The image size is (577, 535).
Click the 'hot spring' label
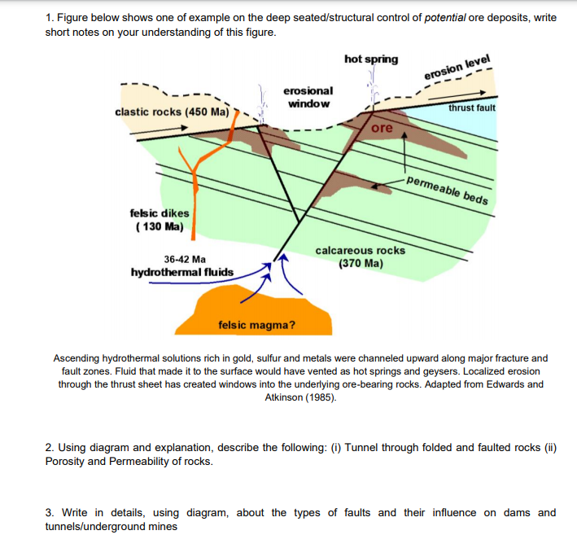(371, 59)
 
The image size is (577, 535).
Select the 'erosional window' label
(308, 97)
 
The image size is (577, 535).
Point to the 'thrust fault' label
(471, 107)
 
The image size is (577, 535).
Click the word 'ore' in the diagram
(382, 129)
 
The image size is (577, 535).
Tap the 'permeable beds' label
(447, 190)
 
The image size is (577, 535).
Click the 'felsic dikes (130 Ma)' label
(160, 219)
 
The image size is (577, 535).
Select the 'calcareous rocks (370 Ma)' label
(360, 257)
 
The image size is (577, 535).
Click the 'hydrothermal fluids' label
(182, 272)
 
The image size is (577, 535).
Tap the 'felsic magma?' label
(257, 326)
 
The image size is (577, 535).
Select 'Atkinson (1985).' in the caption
(299, 397)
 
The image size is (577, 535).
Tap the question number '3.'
(50, 512)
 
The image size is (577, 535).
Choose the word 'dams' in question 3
(503, 512)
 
